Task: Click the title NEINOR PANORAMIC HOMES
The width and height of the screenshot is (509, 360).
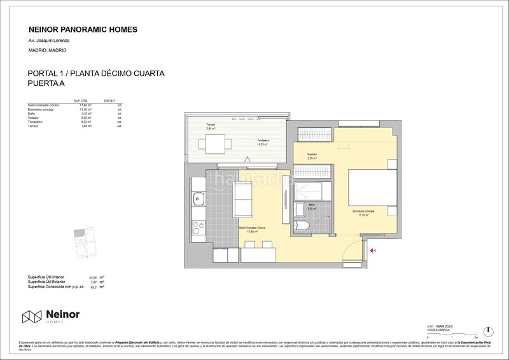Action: click(83, 29)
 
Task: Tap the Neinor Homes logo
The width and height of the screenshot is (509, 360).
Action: click(52, 316)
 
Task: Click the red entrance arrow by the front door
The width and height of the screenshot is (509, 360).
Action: click(374, 251)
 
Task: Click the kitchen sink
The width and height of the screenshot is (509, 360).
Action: click(198, 200)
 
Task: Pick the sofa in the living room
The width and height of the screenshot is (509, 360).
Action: click(244, 199)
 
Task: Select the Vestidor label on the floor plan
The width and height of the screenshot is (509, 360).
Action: click(312, 154)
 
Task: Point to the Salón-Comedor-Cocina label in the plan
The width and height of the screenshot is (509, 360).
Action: click(252, 228)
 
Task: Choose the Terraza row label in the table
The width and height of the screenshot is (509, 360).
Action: click(33, 126)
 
